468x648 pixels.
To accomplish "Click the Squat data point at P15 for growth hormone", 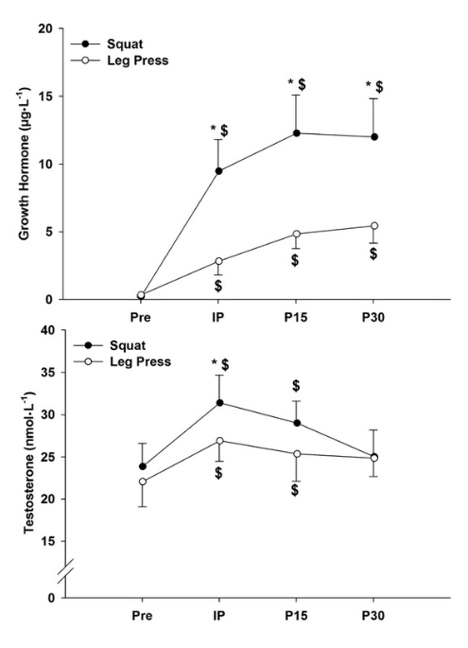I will (296, 133).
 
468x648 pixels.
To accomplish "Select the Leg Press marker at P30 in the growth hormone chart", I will (373, 226).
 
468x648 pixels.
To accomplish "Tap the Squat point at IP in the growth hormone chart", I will (218, 171).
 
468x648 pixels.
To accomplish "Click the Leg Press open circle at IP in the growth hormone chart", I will (218, 261).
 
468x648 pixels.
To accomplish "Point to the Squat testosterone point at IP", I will (218, 403).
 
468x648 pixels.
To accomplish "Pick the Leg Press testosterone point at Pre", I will (142, 482).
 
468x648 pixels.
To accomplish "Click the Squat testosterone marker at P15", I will (296, 423).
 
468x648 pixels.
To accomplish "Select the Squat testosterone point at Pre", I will (142, 466).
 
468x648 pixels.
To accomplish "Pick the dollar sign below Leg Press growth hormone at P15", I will (296, 260).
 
